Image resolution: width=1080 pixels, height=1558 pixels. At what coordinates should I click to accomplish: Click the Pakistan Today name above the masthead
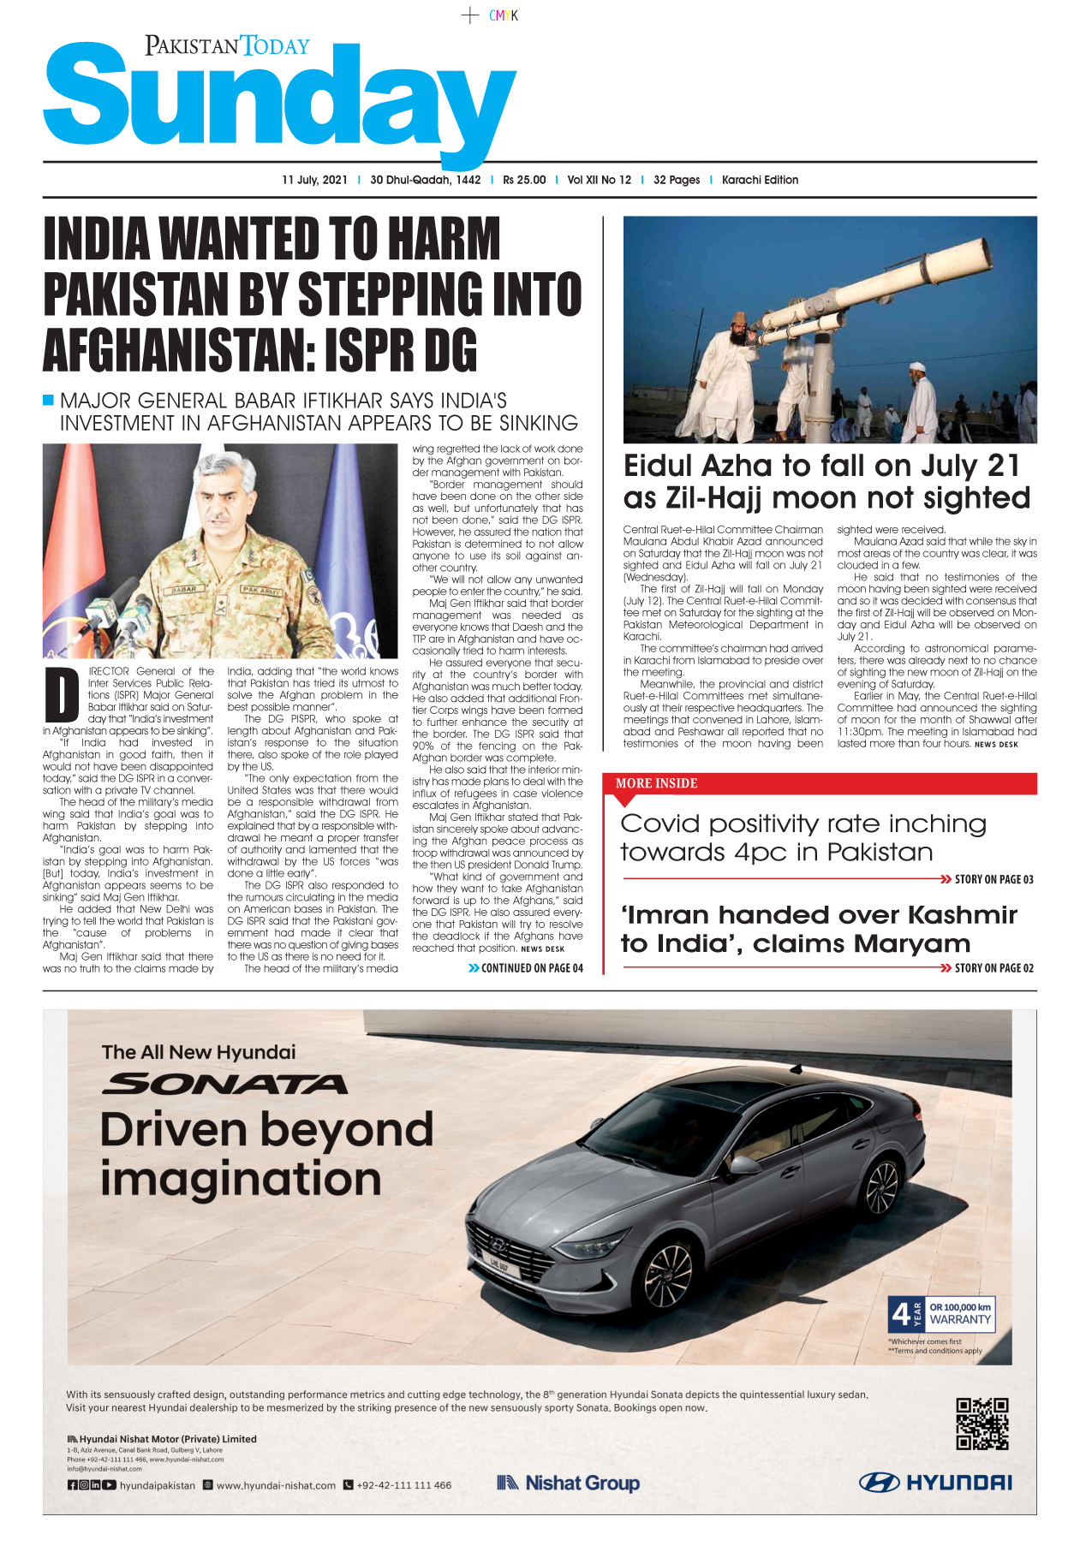pos(227,45)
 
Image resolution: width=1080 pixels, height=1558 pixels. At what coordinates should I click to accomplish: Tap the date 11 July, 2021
pos(314,180)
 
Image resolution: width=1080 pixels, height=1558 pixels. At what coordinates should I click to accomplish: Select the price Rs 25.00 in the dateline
pos(524,180)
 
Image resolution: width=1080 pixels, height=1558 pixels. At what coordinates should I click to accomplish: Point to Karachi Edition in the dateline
pos(760,180)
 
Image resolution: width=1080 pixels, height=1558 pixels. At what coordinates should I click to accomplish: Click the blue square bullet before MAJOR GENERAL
pos(49,400)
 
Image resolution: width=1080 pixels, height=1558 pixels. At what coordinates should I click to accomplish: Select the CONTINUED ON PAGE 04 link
pos(526,968)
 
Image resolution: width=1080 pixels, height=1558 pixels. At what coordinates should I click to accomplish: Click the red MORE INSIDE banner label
pos(656,783)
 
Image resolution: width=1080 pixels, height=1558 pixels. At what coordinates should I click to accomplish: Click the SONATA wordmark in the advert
pos(224,1085)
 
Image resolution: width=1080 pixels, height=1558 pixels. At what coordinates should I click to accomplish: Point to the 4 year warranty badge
pos(941,1313)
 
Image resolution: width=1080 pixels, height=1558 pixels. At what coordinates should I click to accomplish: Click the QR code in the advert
pos(982,1424)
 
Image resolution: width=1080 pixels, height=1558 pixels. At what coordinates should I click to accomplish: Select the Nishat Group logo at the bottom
pos(568,1484)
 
